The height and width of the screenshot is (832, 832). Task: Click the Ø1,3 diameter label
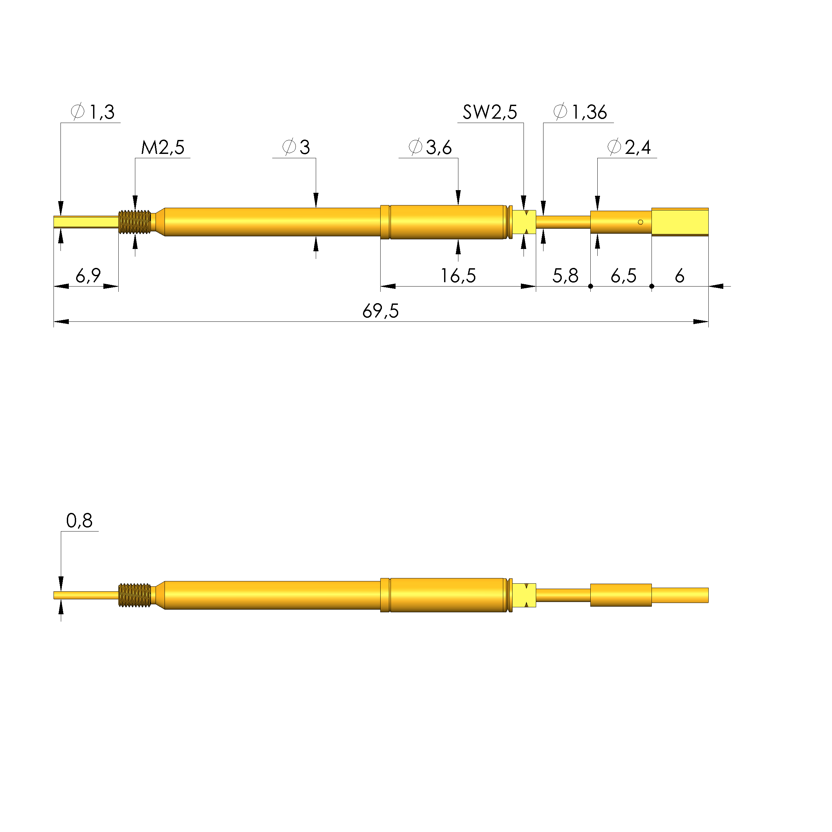point(93,112)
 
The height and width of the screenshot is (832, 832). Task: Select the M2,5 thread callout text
point(163,148)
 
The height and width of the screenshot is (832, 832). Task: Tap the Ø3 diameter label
point(296,147)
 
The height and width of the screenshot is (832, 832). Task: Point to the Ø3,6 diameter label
point(430,147)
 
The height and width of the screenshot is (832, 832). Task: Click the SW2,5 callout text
point(490,112)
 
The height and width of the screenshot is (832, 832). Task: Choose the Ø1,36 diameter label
point(580,112)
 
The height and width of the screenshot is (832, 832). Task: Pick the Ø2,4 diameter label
point(629,147)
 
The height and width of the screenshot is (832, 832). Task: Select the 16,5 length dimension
point(458,276)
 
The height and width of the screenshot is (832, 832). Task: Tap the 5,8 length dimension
point(565,276)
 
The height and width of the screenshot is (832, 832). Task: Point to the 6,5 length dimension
point(623,276)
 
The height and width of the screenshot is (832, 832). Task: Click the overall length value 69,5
point(380,311)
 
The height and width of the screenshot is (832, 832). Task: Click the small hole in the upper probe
point(640,222)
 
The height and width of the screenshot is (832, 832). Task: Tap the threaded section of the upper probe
point(135,222)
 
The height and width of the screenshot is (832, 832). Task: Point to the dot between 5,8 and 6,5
point(590,287)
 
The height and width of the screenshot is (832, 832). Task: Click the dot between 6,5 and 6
point(652,287)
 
